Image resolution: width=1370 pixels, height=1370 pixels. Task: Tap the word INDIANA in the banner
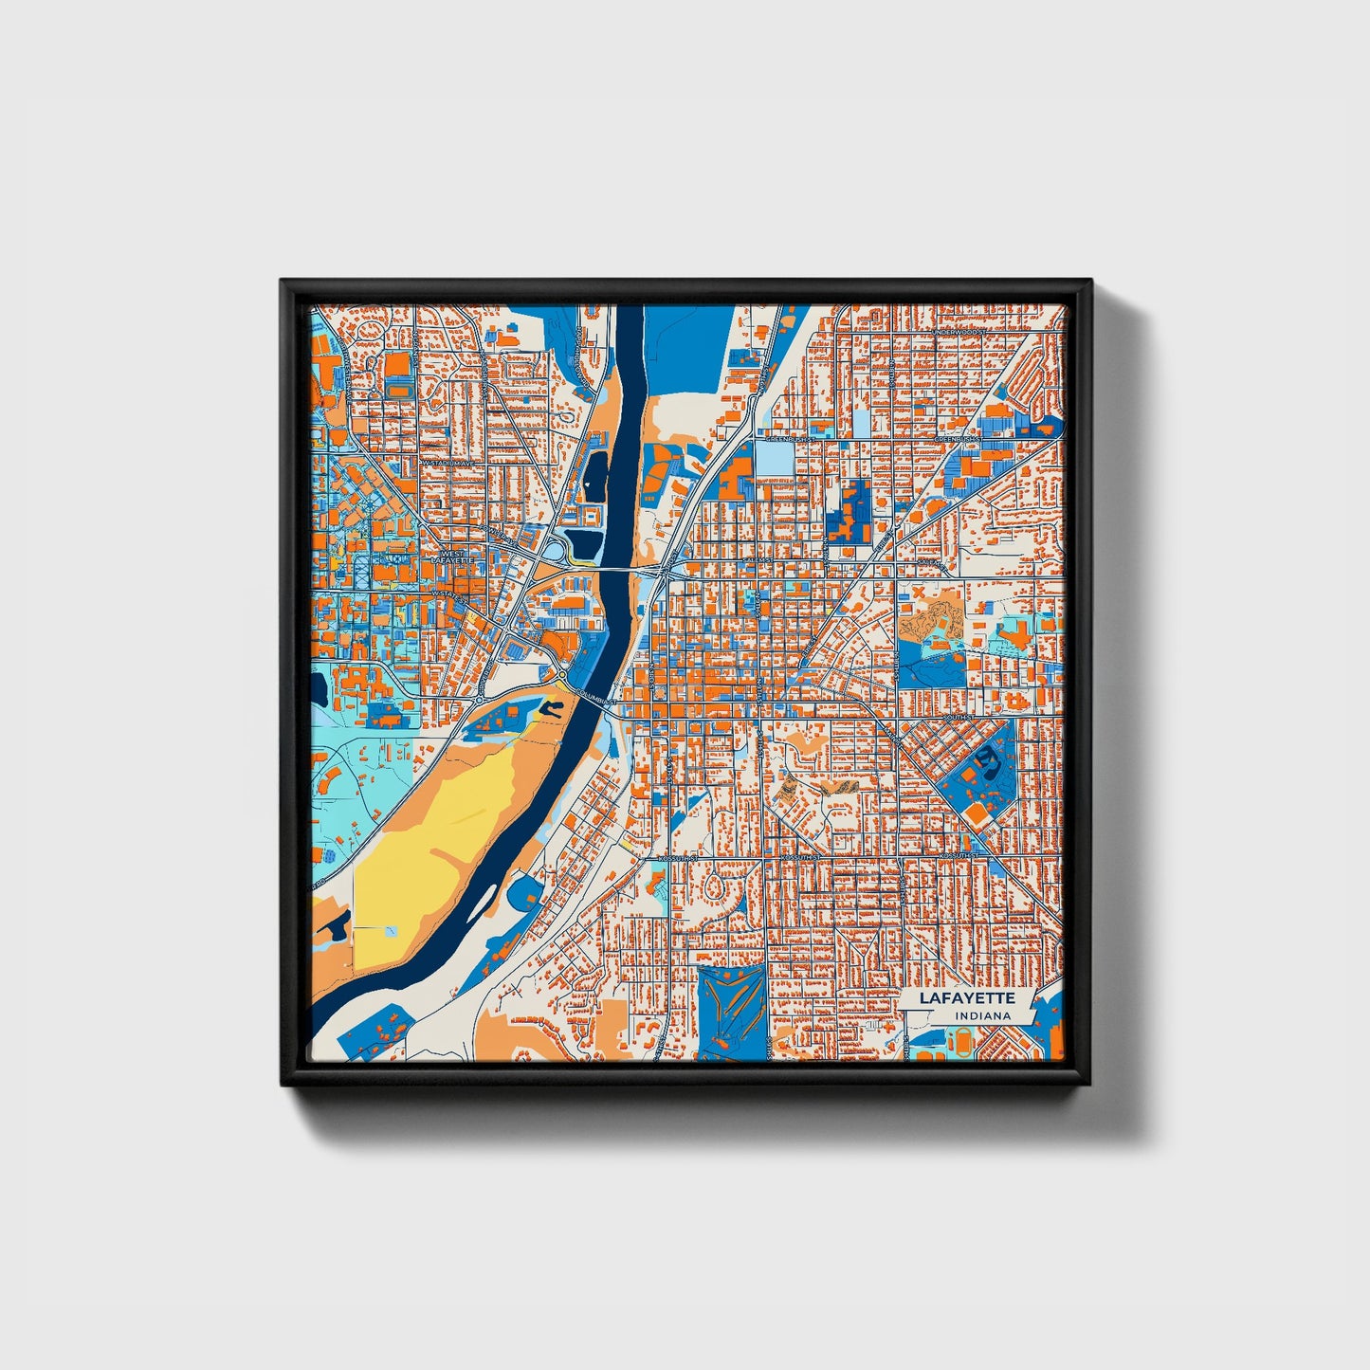981,1016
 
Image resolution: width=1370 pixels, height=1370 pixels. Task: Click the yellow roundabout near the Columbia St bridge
562,675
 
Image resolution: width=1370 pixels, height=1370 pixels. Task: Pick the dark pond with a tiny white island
597,469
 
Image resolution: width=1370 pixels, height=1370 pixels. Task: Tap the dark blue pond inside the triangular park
987,757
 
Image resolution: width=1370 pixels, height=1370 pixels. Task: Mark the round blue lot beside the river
523,891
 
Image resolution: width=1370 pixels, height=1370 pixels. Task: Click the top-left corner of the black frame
283,282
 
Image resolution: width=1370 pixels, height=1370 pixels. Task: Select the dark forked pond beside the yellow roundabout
548,706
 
